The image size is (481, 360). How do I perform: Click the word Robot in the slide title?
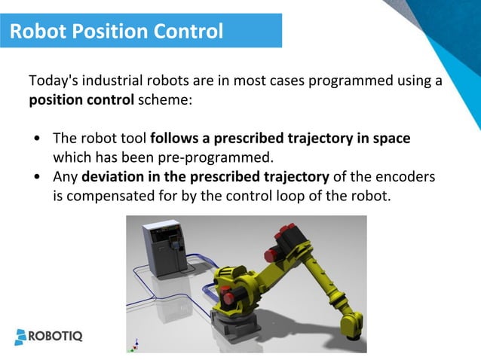coord(39,32)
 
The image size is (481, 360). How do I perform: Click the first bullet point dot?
coord(38,140)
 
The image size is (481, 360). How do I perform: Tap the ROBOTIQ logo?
coord(49,336)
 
